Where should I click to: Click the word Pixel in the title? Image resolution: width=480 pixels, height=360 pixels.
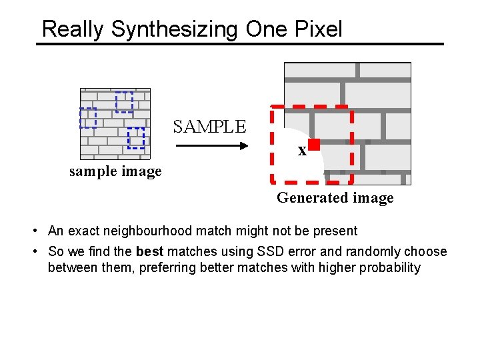(315, 29)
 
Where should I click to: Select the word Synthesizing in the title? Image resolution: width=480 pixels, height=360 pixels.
(175, 29)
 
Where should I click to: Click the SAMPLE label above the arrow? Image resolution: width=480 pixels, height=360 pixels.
(209, 126)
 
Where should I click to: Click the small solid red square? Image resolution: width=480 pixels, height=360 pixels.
(314, 144)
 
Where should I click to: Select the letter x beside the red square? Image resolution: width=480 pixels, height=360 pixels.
(302, 151)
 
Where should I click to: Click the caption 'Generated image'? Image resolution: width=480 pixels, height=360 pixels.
(335, 197)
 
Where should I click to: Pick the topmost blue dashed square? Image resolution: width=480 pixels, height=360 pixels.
(124, 102)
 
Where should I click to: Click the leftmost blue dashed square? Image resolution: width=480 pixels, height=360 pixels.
(88, 117)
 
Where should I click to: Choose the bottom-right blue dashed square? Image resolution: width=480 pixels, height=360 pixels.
(136, 137)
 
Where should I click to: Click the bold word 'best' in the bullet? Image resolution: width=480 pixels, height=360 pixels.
(149, 251)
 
